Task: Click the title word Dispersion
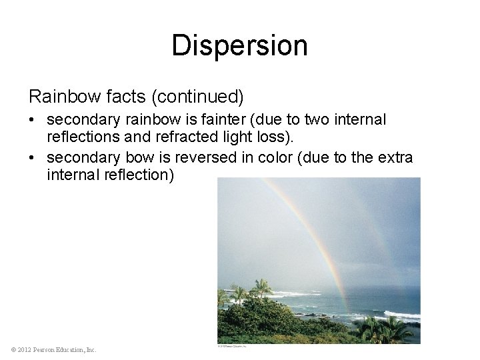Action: [x=239, y=46]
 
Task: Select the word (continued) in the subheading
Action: [x=199, y=97]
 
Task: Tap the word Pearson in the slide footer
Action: [x=50, y=349]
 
